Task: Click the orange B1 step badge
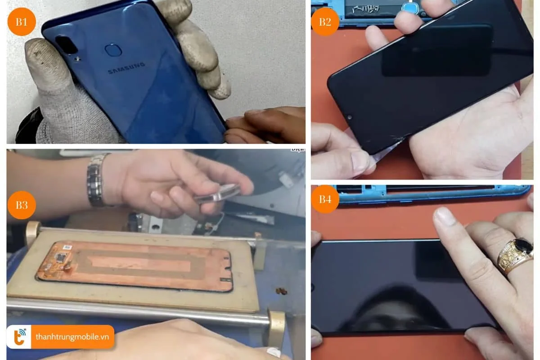(21, 21)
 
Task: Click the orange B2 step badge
(325, 21)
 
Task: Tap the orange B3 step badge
(21, 205)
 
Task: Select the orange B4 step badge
(325, 199)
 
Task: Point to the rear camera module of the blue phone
(67, 45)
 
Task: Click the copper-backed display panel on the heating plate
(135, 265)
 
